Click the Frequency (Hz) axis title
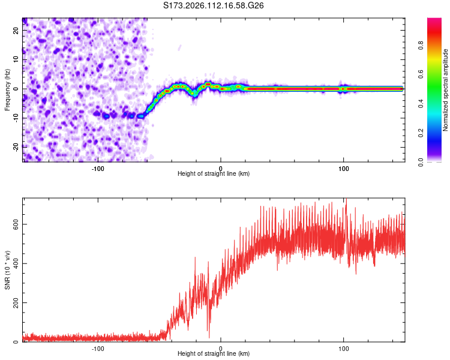pos(7,89)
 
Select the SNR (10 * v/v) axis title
pos(7,270)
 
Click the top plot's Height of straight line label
pos(214,173)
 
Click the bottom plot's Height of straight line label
pos(214,353)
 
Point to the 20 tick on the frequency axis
pos(16,29)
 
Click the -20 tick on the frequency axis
pos(16,147)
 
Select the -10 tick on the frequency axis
pos(16,118)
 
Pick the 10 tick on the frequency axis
pos(16,59)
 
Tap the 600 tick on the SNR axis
pos(14,224)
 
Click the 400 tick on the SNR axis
pos(14,263)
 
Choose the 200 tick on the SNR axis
pos(14,303)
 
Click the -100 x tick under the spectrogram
pos(98,167)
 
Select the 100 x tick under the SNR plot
pos(344,347)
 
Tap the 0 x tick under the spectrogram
pos(221,167)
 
